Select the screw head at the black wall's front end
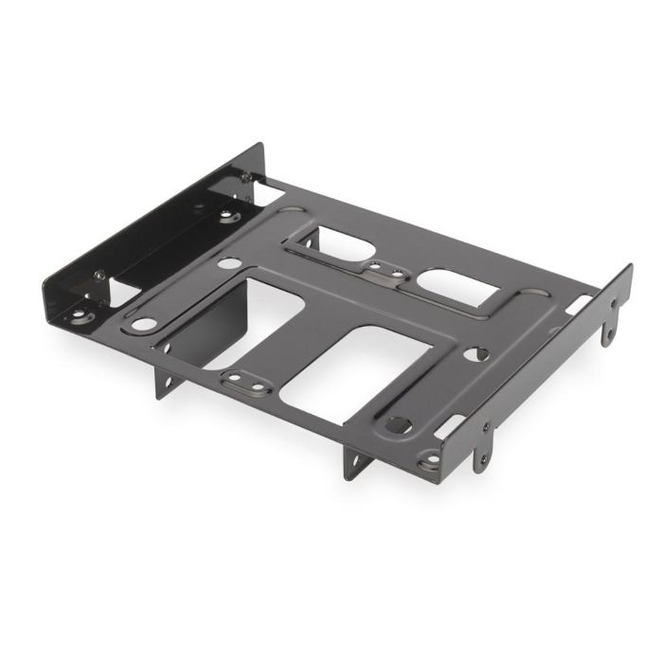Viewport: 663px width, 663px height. point(99,276)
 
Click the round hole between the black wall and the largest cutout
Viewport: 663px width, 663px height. point(228,262)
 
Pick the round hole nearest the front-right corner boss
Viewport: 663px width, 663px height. point(399,425)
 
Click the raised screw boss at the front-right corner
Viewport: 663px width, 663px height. point(431,462)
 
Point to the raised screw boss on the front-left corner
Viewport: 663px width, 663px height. point(144,324)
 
